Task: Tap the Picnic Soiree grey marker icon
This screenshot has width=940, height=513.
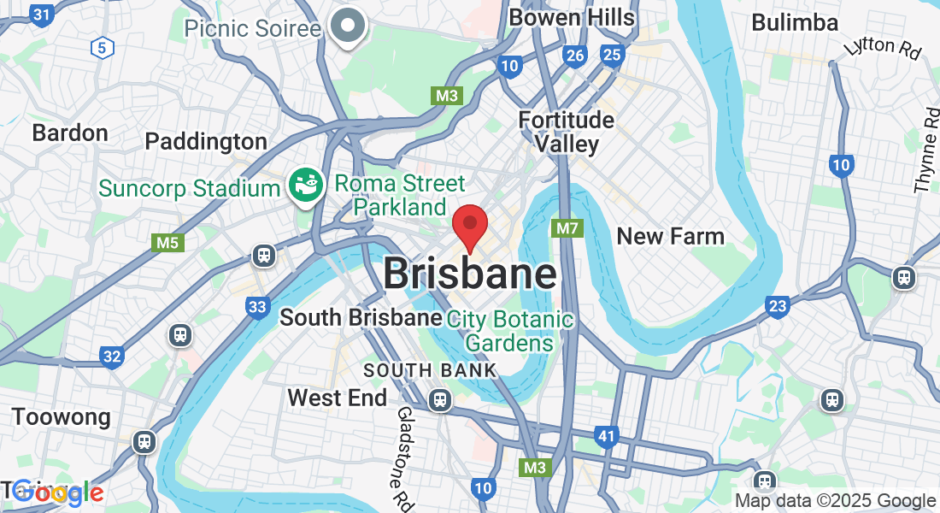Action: coord(348,26)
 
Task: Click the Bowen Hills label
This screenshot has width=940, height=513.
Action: coord(571,17)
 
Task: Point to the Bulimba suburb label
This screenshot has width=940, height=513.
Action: coord(795,23)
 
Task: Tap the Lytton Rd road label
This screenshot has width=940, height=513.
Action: coord(882,46)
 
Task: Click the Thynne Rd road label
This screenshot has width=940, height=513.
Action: coord(926,150)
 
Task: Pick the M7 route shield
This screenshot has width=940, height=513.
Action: coord(567,228)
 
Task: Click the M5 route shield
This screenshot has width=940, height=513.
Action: coord(167,244)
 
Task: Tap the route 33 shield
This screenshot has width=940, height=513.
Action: coord(257,306)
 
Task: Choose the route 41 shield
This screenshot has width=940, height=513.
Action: coord(606,438)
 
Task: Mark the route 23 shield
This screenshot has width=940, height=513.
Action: coord(777,306)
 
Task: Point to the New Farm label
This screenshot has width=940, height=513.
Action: coord(670,236)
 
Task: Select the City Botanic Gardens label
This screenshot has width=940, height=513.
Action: coord(510,331)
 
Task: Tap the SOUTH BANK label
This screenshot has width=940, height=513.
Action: coord(430,370)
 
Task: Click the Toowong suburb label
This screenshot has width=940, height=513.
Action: coord(61,417)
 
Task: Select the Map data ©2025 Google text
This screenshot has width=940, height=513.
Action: coord(836,501)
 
